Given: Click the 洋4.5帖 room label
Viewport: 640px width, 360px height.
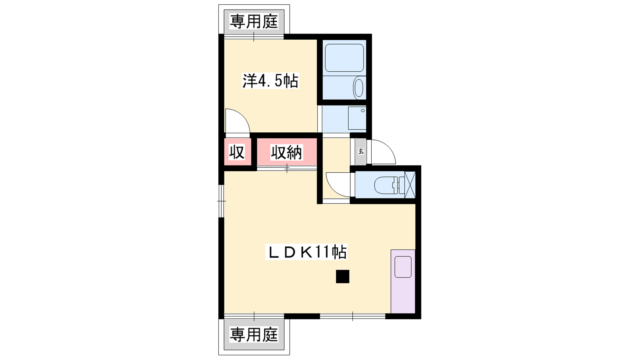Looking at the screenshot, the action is (x=270, y=80).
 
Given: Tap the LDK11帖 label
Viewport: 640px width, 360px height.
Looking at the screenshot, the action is (x=306, y=252).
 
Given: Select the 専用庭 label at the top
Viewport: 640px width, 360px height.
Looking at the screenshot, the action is (x=254, y=22).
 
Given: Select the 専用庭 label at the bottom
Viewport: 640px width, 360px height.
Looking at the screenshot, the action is (x=254, y=334).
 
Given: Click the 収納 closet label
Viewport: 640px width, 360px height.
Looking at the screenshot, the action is (x=286, y=152).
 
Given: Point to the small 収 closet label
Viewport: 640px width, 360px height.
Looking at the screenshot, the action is (x=237, y=152).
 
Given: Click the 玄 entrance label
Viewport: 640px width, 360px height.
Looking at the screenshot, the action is (x=361, y=152).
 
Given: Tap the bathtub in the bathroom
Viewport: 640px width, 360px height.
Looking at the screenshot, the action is (x=344, y=58).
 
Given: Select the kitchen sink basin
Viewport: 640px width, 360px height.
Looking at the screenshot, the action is (x=403, y=267).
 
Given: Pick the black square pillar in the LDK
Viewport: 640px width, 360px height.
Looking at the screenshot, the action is (x=342, y=276).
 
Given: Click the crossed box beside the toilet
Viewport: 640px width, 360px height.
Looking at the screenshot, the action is (x=410, y=184).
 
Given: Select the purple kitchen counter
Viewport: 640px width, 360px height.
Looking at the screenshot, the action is (x=403, y=282).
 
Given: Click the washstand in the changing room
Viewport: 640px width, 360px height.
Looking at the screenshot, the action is (x=357, y=118).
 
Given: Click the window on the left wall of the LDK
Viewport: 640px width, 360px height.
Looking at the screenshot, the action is (x=222, y=201).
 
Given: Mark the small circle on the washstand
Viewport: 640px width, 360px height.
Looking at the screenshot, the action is (x=363, y=110).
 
